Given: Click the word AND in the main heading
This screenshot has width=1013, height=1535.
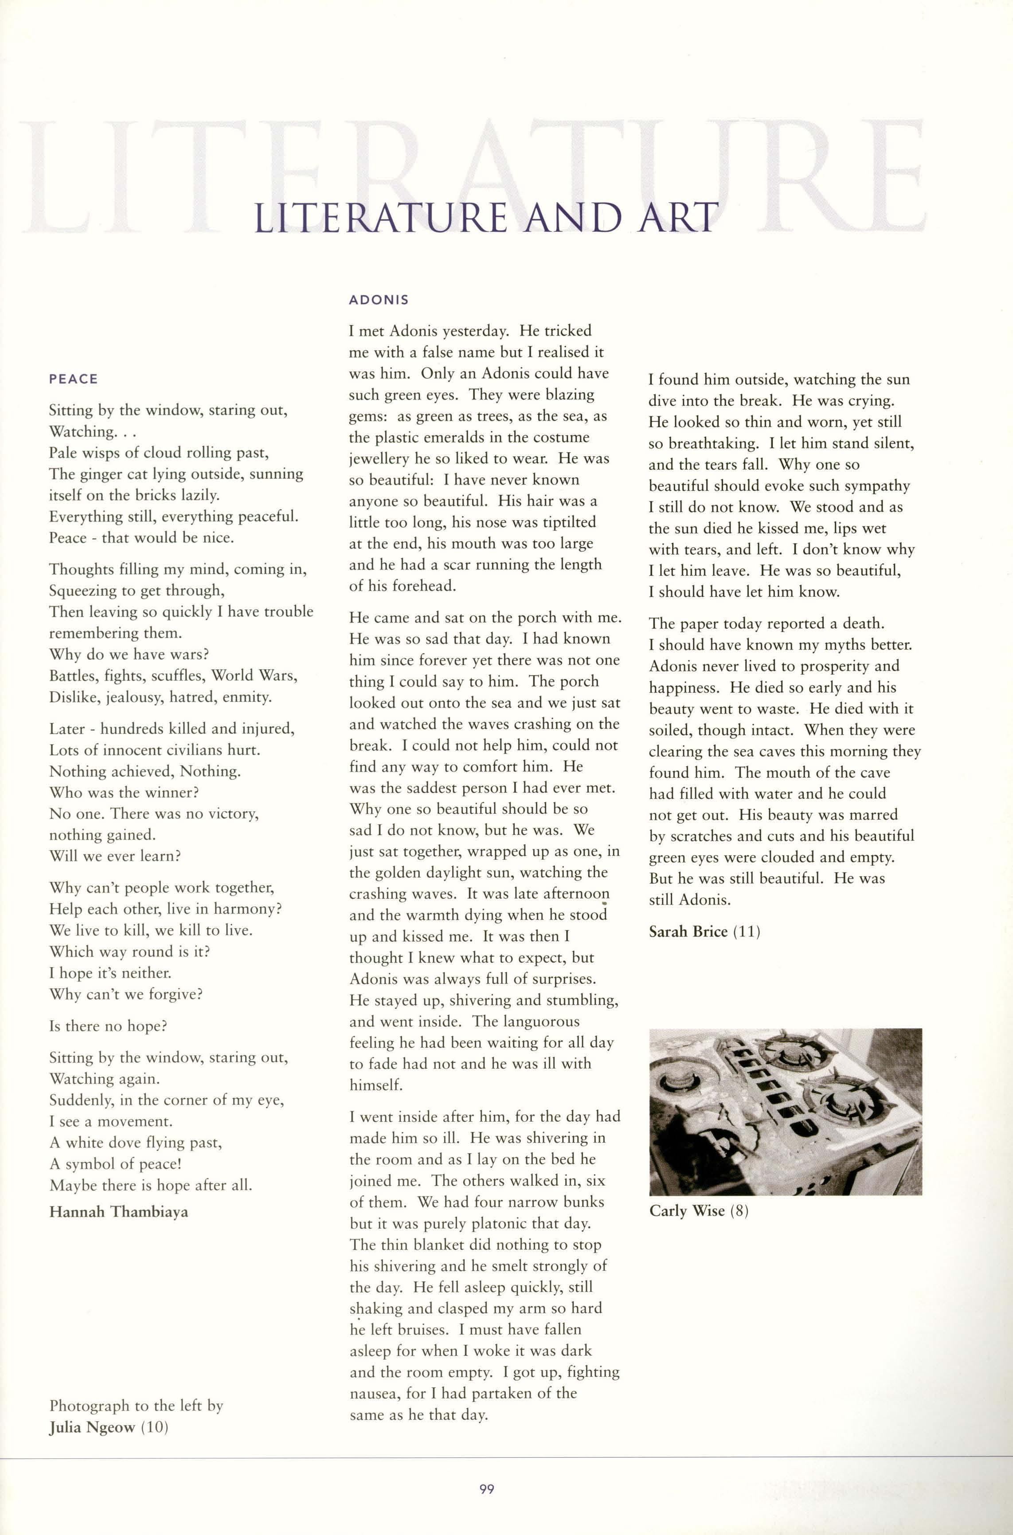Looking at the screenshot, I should pyautogui.click(x=570, y=218).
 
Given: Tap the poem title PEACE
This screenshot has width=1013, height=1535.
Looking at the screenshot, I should pyautogui.click(x=73, y=379).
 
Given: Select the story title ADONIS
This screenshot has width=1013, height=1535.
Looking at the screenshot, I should pyautogui.click(x=379, y=301).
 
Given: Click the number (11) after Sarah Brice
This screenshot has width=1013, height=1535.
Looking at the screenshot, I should pyautogui.click(x=746, y=932).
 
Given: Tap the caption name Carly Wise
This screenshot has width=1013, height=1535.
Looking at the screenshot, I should pyautogui.click(x=688, y=1211).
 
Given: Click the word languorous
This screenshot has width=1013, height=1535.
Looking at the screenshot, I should pyautogui.click(x=541, y=1022).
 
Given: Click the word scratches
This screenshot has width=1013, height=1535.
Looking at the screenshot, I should pyautogui.click(x=698, y=837).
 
